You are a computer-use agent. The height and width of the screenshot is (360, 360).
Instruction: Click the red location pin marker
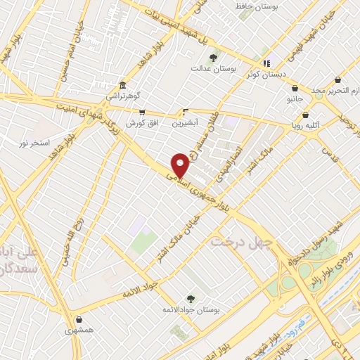(180, 165)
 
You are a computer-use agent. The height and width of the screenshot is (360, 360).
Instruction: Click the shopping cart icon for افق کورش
(142, 112)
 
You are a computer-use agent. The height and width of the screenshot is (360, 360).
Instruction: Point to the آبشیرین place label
(186, 122)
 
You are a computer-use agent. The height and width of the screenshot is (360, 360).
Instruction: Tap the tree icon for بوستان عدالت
(213, 57)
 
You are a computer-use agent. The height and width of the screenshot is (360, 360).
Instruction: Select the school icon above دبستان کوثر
(266, 63)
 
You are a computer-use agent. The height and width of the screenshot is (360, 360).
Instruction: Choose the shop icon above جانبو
(294, 89)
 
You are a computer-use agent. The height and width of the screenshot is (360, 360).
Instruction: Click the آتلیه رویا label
(307, 126)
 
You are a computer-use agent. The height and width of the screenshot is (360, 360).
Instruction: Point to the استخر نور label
(35, 143)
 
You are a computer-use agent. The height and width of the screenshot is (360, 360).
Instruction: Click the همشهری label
(79, 329)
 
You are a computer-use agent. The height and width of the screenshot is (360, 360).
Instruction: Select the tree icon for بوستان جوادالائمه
(190, 299)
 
